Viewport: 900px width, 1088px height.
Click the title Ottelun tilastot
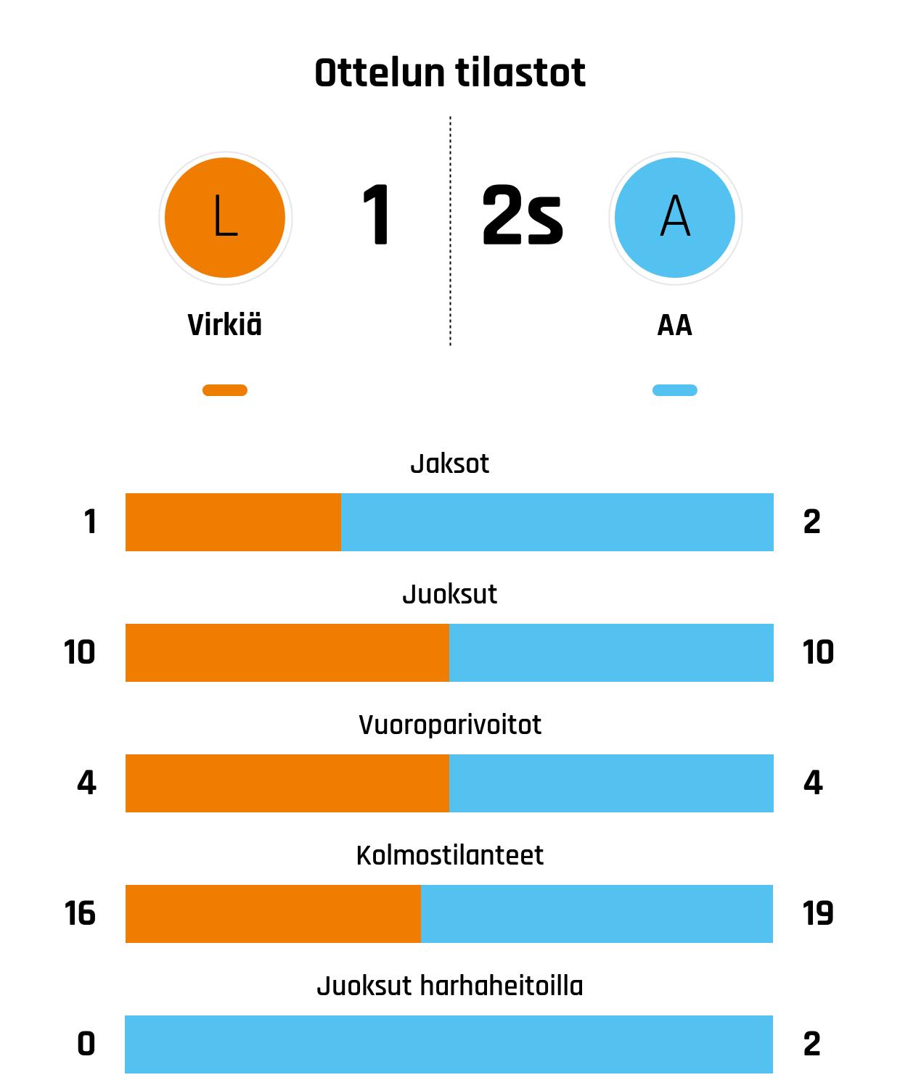coord(450,73)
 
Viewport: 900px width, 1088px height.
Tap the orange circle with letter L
coord(225,218)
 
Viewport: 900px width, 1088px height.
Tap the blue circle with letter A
coord(675,218)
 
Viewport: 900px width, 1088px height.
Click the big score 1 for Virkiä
coord(377,216)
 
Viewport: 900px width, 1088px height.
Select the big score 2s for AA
coord(522,216)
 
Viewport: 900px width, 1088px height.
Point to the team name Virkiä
coord(225,325)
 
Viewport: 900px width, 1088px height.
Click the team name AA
coord(675,326)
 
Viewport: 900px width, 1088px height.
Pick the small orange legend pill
coord(225,390)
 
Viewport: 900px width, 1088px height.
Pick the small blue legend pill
coord(675,390)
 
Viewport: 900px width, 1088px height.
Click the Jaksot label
coord(450,463)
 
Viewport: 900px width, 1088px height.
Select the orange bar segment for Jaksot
coord(233,522)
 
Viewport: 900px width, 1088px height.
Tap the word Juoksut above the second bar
coord(450,594)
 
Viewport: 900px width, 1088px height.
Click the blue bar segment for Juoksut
coord(611,653)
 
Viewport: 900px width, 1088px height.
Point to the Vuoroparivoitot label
coord(450,725)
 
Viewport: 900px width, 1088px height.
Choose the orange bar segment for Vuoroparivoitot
coord(287,783)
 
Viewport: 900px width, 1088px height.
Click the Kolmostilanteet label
coord(450,855)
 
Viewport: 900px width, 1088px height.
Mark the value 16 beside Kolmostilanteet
coord(80,913)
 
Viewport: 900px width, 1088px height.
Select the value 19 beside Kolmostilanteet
coord(818,913)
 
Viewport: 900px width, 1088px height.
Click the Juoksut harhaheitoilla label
coord(450,986)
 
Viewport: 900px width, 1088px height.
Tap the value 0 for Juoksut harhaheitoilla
coord(86,1044)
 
